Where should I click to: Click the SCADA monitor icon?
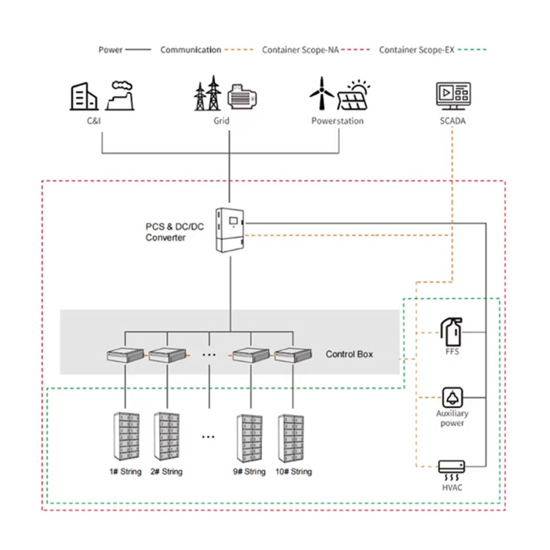(453, 96)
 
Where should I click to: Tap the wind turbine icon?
(321, 93)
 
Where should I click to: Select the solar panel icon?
(353, 96)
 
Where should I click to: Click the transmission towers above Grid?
(208, 93)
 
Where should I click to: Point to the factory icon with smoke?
(120, 96)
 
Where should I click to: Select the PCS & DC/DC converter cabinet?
(230, 230)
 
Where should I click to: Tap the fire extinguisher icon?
(452, 332)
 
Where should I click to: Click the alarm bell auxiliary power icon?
(453, 398)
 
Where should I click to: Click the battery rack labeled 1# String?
(126, 437)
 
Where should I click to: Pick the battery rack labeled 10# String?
(291, 438)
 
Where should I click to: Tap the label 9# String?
(249, 472)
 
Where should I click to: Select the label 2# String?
(167, 472)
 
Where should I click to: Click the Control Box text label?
(349, 354)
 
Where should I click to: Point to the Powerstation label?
(337, 121)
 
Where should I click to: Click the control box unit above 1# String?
(125, 355)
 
